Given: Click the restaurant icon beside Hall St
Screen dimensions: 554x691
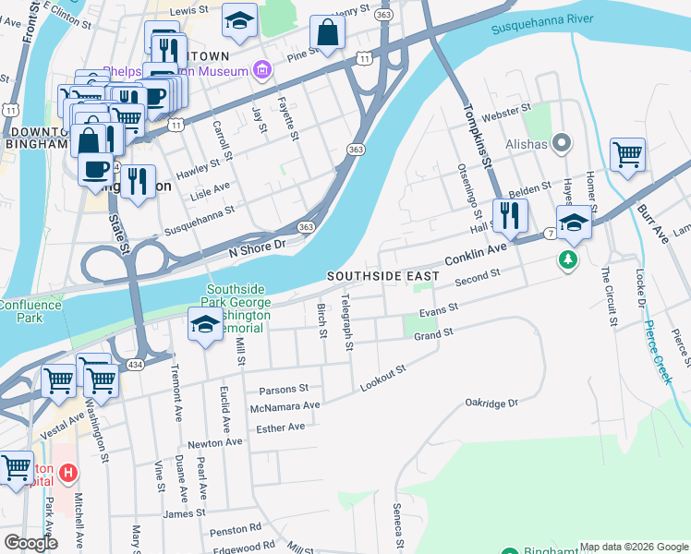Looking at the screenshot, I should click(x=510, y=215).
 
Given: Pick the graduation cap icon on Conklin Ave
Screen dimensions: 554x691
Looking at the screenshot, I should click(x=574, y=223).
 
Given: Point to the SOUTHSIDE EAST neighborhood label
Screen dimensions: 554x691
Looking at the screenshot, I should click(x=382, y=277).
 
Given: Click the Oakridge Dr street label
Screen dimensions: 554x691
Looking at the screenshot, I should click(x=492, y=403).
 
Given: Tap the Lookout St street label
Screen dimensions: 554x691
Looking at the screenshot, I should click(x=383, y=379).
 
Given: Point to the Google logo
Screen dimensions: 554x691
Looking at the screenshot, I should click(x=30, y=542).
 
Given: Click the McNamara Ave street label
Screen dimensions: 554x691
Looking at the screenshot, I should click(x=285, y=406).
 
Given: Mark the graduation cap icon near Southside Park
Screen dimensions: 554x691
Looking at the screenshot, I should click(x=205, y=325).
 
